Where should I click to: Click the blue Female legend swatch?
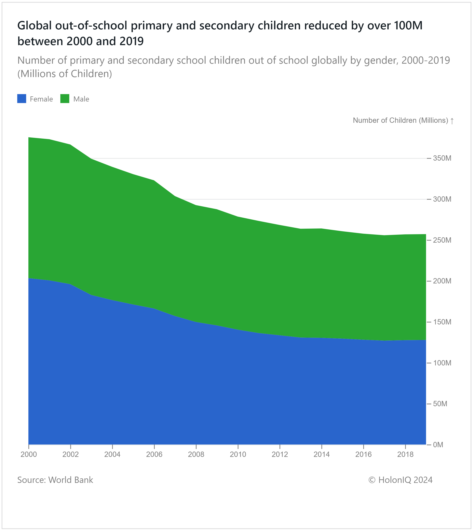pos(21,99)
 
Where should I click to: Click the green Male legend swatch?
pos(65,99)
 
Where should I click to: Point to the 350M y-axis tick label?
pos(442,158)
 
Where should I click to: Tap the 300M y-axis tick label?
pos(442,199)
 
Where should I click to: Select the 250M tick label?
pos(442,240)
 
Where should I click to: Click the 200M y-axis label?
pos(442,281)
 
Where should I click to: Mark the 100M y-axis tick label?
pos(442,363)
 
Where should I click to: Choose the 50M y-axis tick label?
pos(440,404)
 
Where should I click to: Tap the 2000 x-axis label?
pos(29,454)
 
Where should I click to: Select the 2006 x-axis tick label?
pos(154,454)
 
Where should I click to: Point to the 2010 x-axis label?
pos(238,454)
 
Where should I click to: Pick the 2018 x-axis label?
pos(405,454)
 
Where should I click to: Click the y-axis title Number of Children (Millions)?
pos(400,120)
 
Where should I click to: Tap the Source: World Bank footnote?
pos(55,480)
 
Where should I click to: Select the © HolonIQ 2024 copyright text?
pos(400,480)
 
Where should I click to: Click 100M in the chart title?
pos(408,25)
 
